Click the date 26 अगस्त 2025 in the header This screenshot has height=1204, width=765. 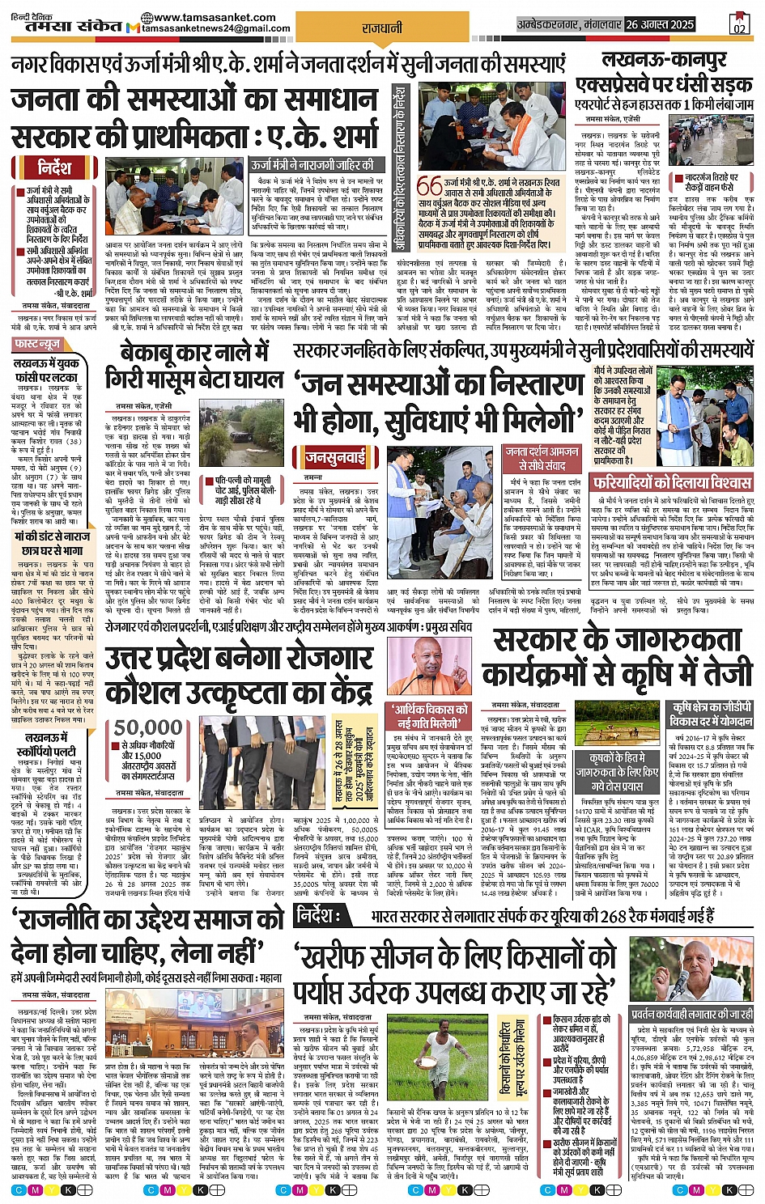pyautogui.click(x=660, y=25)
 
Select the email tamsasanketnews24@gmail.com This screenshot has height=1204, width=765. pyautogui.click(x=215, y=28)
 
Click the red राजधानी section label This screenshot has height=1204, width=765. pyautogui.click(x=382, y=28)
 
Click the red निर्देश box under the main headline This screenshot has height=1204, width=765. pyautogui.click(x=54, y=168)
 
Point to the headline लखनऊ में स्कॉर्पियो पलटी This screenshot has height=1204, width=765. pyautogui.click(x=51, y=744)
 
